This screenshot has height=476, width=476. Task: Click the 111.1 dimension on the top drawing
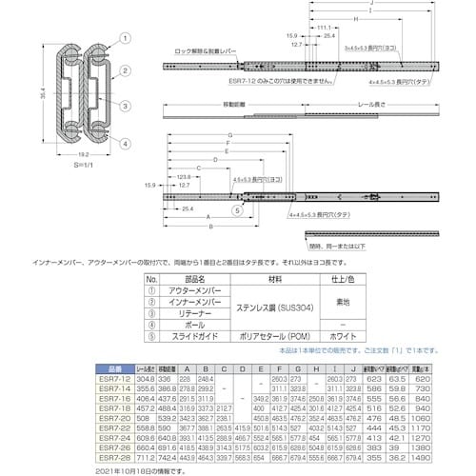(x=324, y=29)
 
